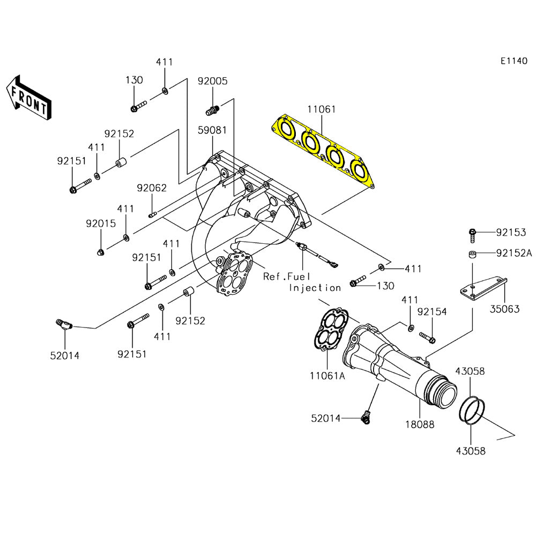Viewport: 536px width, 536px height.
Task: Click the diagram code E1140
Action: click(514, 61)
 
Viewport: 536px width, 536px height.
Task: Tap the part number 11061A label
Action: click(327, 376)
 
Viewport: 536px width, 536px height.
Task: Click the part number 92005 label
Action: click(212, 81)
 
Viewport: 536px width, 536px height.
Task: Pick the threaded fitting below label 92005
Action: click(213, 111)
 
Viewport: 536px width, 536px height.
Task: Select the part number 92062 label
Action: click(151, 188)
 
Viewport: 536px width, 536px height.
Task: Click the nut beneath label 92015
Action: click(100, 252)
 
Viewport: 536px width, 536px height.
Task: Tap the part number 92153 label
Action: click(511, 232)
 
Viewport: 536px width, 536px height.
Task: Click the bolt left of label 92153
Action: click(472, 233)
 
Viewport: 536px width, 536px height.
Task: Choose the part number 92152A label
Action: click(513, 253)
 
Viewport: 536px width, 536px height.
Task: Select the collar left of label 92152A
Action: click(472, 254)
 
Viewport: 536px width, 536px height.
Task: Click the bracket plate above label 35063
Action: click(482, 287)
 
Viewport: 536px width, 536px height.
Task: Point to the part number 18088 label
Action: click(420, 424)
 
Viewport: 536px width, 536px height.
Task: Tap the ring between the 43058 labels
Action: click(472, 410)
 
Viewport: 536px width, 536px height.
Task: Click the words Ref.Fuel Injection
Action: click(302, 282)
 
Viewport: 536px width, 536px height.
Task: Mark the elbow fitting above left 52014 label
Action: click(64, 324)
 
